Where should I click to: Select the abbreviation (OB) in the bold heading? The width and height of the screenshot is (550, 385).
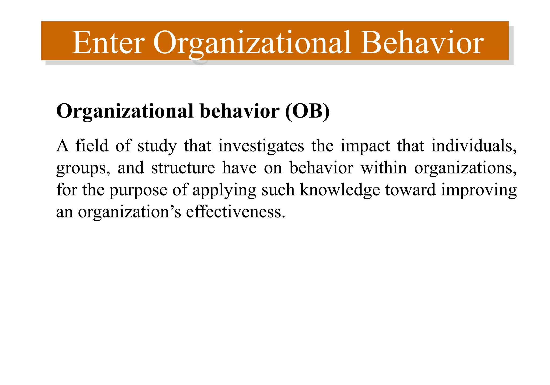(307, 111)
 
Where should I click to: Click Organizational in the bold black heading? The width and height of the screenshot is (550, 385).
(125, 111)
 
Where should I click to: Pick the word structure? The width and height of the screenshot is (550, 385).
(183, 168)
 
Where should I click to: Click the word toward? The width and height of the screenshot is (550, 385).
(410, 190)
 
